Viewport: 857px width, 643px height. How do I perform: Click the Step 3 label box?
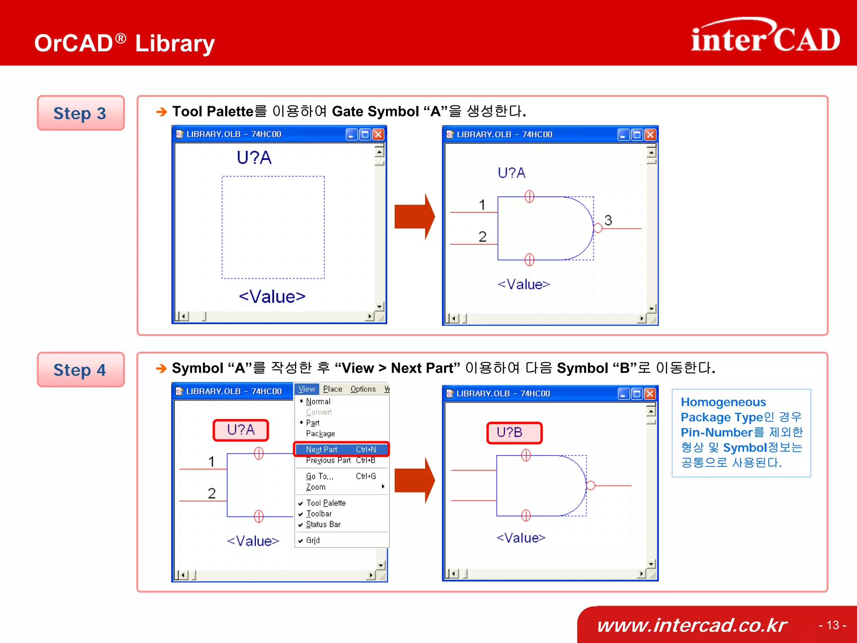[80, 113]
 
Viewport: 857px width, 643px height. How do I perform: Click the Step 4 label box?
[80, 370]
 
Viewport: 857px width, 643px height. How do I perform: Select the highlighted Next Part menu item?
[341, 449]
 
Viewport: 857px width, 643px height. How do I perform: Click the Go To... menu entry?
[320, 476]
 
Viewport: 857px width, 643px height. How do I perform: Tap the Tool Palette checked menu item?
[326, 503]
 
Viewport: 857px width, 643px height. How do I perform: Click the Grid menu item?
[313, 540]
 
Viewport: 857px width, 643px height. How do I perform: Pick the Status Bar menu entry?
[323, 524]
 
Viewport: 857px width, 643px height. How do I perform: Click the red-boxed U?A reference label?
[241, 430]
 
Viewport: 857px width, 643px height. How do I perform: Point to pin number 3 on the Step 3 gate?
[608, 220]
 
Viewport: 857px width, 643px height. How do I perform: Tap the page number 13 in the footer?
[832, 625]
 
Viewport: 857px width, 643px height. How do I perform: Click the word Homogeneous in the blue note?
[723, 402]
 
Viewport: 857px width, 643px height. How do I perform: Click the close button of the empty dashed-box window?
[378, 134]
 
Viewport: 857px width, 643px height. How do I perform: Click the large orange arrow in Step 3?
[414, 217]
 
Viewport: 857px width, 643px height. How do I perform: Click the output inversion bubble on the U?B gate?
[590, 485]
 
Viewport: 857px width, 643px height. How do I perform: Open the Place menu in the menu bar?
[332, 389]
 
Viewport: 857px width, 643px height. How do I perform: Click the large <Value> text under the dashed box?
[272, 297]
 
